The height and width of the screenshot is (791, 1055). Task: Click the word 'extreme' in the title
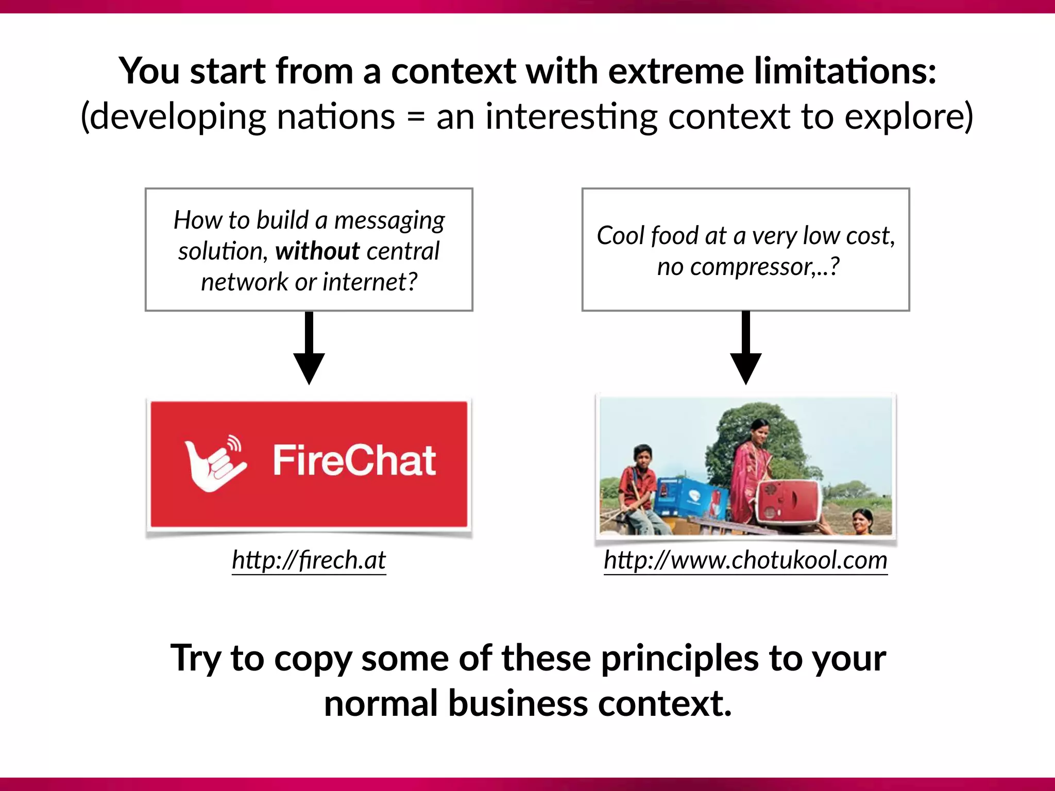[676, 71]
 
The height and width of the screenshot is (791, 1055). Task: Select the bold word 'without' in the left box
[317, 251]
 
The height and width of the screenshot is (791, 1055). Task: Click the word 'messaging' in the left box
[389, 221]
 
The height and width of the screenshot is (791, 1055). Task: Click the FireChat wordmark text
[354, 460]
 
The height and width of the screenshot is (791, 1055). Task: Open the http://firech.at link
[309, 560]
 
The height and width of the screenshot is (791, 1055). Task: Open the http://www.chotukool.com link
[745, 560]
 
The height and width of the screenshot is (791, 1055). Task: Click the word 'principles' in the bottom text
[680, 659]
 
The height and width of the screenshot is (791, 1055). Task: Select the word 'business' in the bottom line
[517, 704]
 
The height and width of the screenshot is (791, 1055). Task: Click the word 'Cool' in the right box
[620, 236]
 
